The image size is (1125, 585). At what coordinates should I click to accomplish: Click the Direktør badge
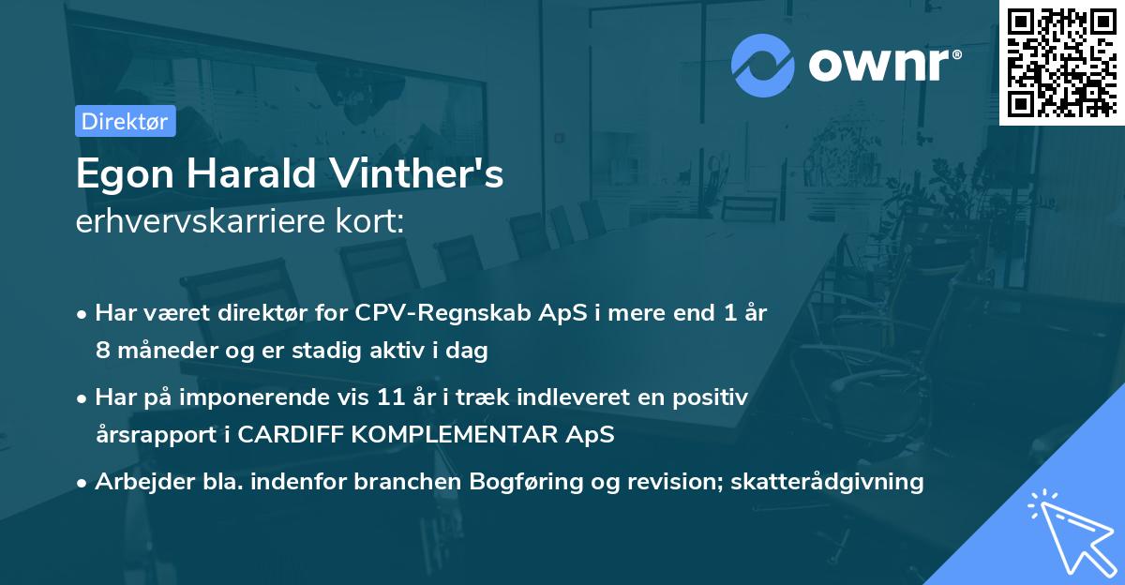point(125,121)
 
